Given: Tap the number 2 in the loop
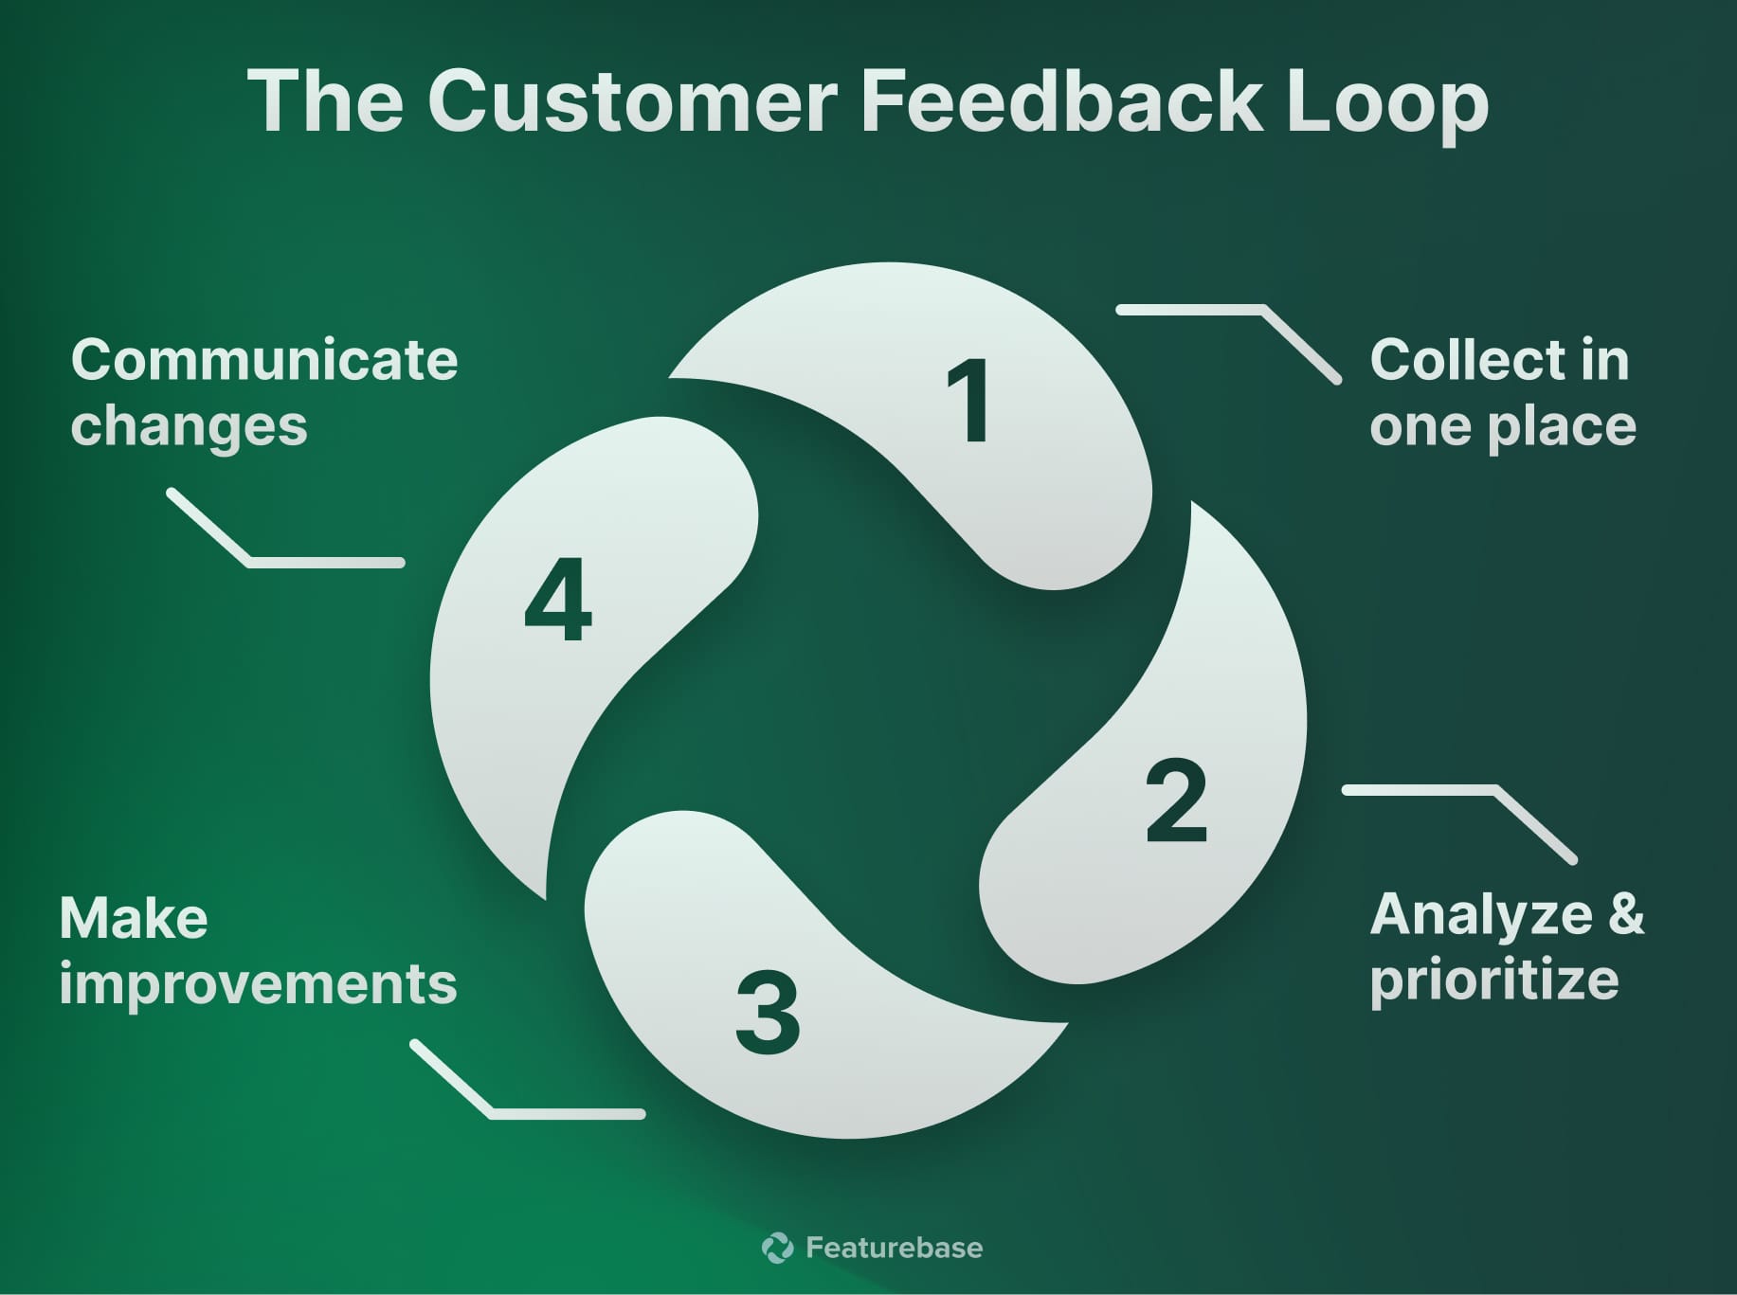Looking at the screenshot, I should (1176, 800).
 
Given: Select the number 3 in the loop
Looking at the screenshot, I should (768, 1013).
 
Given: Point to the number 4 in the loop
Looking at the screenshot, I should (558, 601).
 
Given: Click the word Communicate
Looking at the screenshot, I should (264, 360).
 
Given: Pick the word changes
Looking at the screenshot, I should (189, 426).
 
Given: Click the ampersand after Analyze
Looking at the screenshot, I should (1626, 915).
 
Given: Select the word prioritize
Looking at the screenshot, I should (1493, 980).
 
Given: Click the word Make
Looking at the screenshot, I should (134, 918).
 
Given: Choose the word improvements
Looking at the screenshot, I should (258, 983).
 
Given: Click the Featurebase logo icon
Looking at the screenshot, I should (778, 1247).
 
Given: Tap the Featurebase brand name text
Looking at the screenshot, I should (894, 1247).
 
